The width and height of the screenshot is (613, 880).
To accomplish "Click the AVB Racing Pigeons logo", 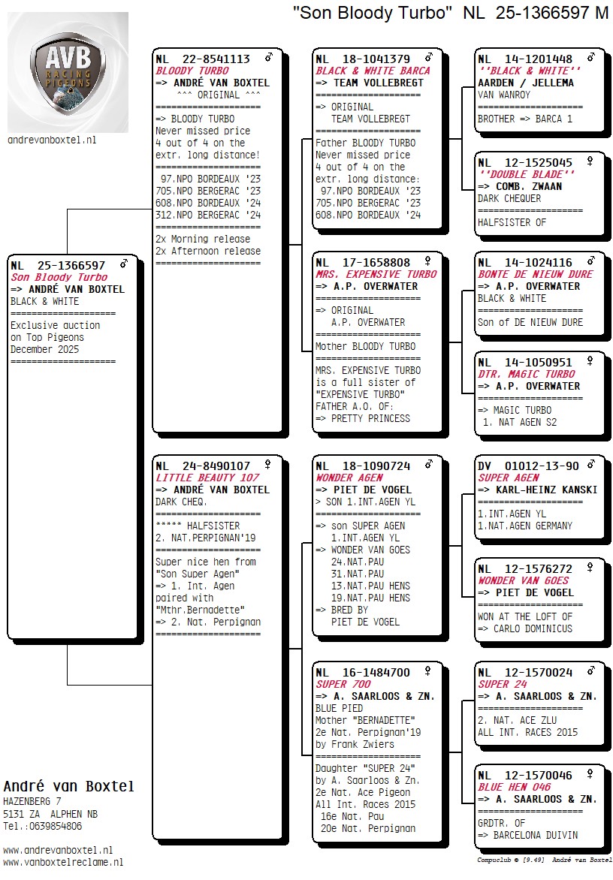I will pos(68,71).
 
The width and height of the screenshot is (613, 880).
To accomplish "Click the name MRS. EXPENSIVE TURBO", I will pos(376,274).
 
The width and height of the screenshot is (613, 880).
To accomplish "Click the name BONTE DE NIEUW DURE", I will pos(535,274).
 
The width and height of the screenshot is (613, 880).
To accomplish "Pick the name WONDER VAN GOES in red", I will pos(523,580).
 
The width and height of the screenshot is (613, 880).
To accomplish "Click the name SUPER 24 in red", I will pos(503,684).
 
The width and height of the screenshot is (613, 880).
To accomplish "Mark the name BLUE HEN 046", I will pos(514,787).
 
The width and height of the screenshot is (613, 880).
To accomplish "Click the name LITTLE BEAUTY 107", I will pos(207,478).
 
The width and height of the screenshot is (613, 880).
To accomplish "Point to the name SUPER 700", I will pos(343,684).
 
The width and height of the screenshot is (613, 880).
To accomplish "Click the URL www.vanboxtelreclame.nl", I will pos(63,863).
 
